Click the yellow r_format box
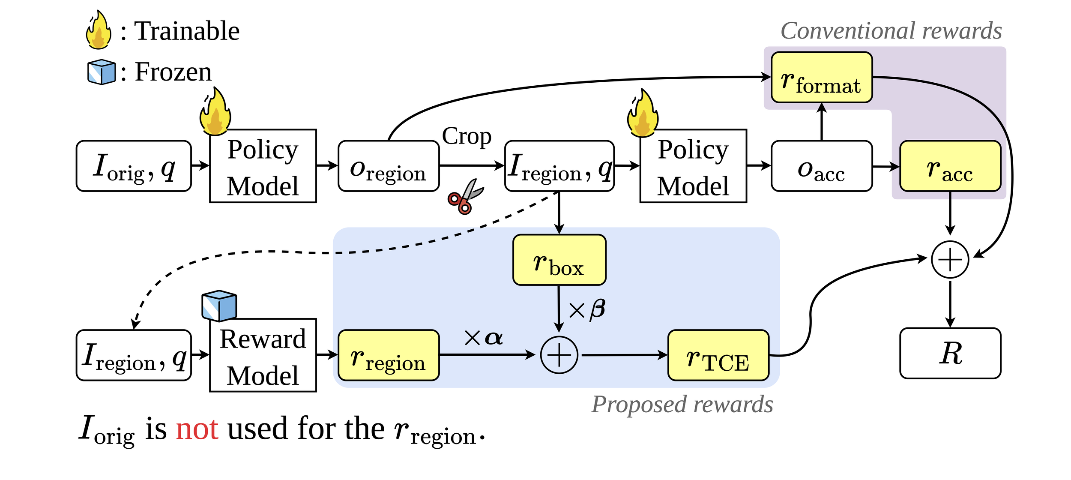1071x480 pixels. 821,78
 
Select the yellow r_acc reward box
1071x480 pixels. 950,166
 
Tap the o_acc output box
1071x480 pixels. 821,166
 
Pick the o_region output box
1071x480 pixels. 388,166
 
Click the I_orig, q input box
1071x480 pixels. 134,166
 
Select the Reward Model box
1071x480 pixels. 263,355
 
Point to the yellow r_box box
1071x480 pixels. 559,260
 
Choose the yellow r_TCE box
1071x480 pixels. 718,355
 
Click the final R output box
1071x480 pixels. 950,354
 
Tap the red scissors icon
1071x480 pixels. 465,197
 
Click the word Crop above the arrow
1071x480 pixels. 467,136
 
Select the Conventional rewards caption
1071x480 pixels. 891,31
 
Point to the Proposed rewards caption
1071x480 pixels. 682,404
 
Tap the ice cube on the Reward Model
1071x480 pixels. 219,306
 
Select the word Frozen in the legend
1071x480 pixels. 173,72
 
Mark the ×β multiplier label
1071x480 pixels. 587,309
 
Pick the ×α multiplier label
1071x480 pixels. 483,338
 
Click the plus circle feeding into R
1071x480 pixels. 950,260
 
